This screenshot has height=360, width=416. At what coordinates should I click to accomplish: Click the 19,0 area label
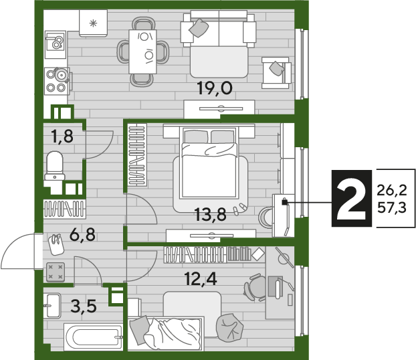click(215, 88)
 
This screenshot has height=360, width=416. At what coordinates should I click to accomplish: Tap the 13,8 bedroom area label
click(211, 215)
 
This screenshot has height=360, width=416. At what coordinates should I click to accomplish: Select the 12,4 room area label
click(201, 279)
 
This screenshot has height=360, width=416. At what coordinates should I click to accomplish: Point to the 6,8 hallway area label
click(82, 235)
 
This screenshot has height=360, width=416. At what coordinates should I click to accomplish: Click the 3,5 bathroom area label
click(84, 306)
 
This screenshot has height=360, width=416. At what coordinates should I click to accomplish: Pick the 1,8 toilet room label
click(62, 137)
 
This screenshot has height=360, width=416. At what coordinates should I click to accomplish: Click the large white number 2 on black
click(351, 198)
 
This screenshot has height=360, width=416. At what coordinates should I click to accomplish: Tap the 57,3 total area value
click(392, 207)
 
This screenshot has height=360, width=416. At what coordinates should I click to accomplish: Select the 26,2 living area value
click(392, 190)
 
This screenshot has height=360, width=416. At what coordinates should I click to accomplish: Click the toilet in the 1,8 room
click(55, 166)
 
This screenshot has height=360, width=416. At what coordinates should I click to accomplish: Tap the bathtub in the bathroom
click(94, 337)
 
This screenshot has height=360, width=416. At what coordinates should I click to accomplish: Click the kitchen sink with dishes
click(56, 44)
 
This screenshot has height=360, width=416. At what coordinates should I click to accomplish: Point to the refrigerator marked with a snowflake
click(93, 23)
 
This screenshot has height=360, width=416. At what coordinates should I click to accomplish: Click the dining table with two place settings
click(142, 52)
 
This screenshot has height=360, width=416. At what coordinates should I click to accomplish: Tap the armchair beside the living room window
click(276, 73)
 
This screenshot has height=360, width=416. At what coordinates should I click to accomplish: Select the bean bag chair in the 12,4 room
click(230, 328)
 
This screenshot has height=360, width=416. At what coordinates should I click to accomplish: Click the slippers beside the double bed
click(239, 208)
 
